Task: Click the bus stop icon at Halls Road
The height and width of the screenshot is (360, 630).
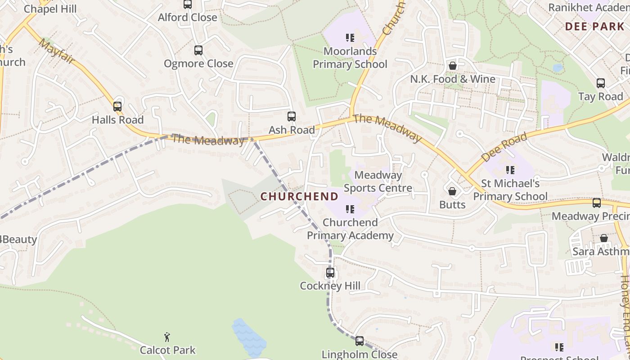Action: click(x=117, y=107)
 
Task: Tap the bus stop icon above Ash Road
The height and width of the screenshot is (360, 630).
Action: click(x=292, y=117)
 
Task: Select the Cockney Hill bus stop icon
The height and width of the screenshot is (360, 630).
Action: click(x=330, y=273)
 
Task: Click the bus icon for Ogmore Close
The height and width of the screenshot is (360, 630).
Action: click(x=198, y=50)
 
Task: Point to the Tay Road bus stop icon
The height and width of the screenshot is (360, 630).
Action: click(x=601, y=83)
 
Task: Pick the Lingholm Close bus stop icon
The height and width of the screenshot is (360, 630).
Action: click(x=359, y=341)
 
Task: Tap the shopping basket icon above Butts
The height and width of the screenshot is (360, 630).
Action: click(x=452, y=192)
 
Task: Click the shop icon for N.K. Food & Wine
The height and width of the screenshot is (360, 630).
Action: click(x=453, y=66)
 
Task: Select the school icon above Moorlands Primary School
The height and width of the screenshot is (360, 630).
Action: click(x=350, y=38)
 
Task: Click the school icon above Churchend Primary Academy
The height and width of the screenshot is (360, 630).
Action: click(x=350, y=209)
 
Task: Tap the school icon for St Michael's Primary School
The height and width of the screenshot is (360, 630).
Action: click(x=510, y=170)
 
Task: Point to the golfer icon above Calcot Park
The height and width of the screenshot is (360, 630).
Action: click(x=167, y=337)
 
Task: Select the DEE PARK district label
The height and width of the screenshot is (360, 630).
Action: click(x=594, y=27)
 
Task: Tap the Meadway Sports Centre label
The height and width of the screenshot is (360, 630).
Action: click(x=378, y=181)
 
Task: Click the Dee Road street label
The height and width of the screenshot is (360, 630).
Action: click(x=504, y=148)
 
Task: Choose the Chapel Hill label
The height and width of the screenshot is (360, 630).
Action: click(x=50, y=9)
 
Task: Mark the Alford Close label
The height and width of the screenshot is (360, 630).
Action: click(x=187, y=18)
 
